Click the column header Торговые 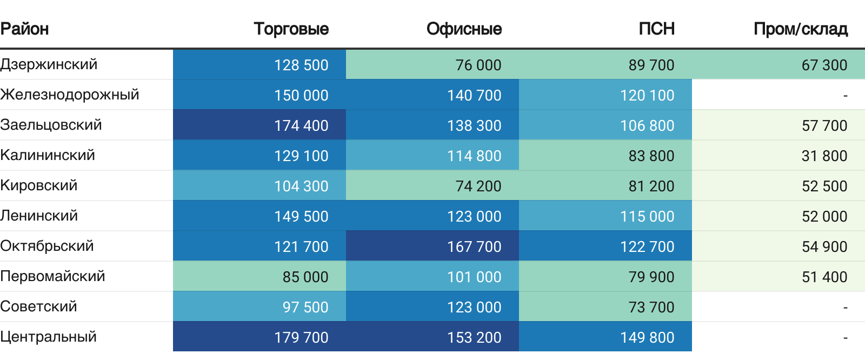(291, 29)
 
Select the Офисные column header (464, 29)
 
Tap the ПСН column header (656, 29)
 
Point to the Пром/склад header (800, 29)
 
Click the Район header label (24, 29)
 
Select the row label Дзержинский (49, 64)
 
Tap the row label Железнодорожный (69, 95)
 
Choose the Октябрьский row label (46, 246)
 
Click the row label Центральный (48, 337)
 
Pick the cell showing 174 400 (301, 125)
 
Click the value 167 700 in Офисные (474, 246)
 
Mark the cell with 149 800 (647, 337)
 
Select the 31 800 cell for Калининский (824, 156)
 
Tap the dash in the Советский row (845, 308)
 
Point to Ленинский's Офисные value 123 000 (474, 216)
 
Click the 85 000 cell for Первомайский (305, 277)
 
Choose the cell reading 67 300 (824, 65)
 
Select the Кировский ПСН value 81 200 (651, 186)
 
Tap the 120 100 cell (647, 95)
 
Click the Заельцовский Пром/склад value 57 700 (824, 125)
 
